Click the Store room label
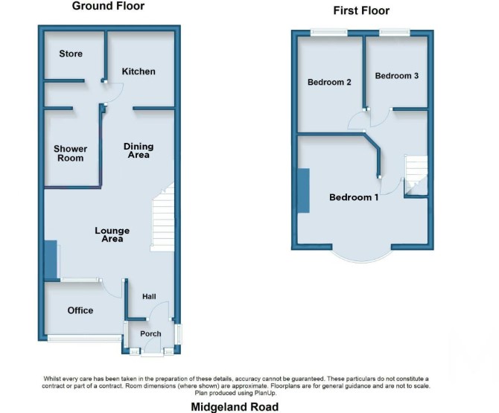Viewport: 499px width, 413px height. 71,54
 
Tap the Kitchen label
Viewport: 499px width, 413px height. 139,71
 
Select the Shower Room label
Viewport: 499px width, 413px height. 70,153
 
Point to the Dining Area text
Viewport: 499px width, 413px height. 139,150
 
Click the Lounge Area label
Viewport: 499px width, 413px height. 112,234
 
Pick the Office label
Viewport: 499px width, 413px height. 80,310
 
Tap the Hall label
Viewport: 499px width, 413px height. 149,296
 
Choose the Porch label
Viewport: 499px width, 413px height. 150,333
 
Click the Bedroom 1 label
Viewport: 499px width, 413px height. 354,197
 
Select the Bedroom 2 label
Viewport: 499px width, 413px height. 329,82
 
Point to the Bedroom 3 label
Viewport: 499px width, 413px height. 396,76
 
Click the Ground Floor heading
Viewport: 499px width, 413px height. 108,6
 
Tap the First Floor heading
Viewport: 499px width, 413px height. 361,10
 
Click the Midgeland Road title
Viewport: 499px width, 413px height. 235,406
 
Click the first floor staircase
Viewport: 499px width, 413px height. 416,175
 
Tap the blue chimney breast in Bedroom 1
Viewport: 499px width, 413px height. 304,191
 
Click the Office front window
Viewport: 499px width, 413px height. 85,338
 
